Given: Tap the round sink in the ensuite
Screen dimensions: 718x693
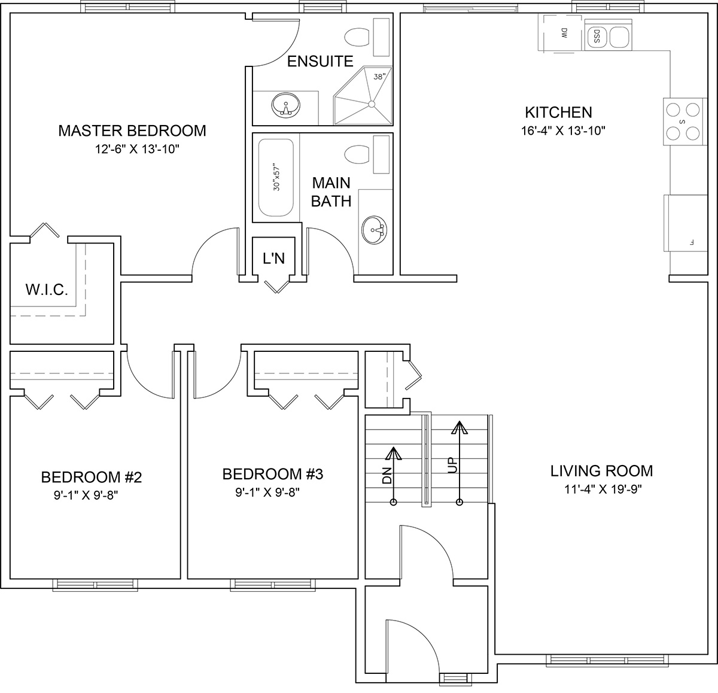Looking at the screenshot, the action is [x=285, y=105].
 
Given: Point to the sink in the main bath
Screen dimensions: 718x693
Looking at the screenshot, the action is [x=374, y=230].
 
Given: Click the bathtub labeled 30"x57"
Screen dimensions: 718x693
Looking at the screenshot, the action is [x=276, y=178].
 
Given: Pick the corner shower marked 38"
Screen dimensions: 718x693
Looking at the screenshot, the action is [x=363, y=96].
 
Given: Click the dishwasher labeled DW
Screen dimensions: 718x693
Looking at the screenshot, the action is [x=559, y=32].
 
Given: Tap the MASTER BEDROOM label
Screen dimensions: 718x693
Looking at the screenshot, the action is [x=132, y=130].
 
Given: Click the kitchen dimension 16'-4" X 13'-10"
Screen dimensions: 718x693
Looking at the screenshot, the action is [x=563, y=130].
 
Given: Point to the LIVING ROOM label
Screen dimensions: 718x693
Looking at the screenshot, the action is [x=601, y=471].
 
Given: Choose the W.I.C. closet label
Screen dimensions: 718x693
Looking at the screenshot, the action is [x=47, y=290].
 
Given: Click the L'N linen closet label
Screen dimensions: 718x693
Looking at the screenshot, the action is [x=274, y=259].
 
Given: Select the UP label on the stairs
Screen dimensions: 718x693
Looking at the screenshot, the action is [x=452, y=465].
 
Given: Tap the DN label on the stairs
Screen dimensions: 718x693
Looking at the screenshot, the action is [x=387, y=475].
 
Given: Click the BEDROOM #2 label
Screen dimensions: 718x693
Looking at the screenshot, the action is [x=91, y=477].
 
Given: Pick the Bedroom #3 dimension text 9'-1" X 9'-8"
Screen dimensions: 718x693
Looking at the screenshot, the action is [x=267, y=493].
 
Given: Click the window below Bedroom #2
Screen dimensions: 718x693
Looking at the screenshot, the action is [x=95, y=585].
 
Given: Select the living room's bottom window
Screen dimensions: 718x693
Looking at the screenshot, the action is [x=607, y=660].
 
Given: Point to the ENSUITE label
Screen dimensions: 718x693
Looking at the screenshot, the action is [x=320, y=61].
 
